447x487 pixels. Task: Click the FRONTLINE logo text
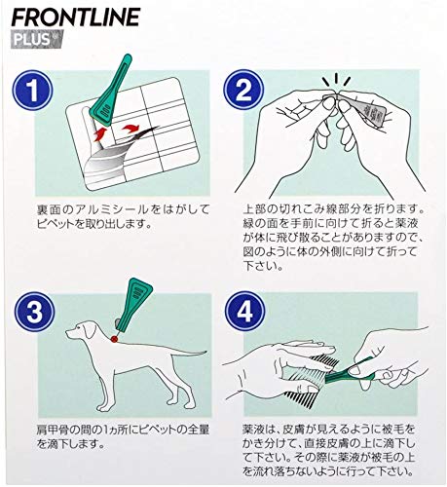point(76,17)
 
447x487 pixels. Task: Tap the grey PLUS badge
point(37,39)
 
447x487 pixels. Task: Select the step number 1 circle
point(32,90)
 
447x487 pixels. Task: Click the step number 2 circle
point(243,90)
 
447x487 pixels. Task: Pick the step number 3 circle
point(34,312)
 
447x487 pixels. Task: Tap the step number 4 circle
point(244,312)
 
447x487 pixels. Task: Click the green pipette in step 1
point(111,92)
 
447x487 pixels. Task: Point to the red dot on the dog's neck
point(114,339)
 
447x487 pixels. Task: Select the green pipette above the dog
point(132,306)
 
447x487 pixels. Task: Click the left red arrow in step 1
point(100,134)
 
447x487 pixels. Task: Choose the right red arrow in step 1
point(130,130)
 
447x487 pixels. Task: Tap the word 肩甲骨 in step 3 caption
point(53,430)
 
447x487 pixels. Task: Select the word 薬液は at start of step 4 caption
point(259,430)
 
